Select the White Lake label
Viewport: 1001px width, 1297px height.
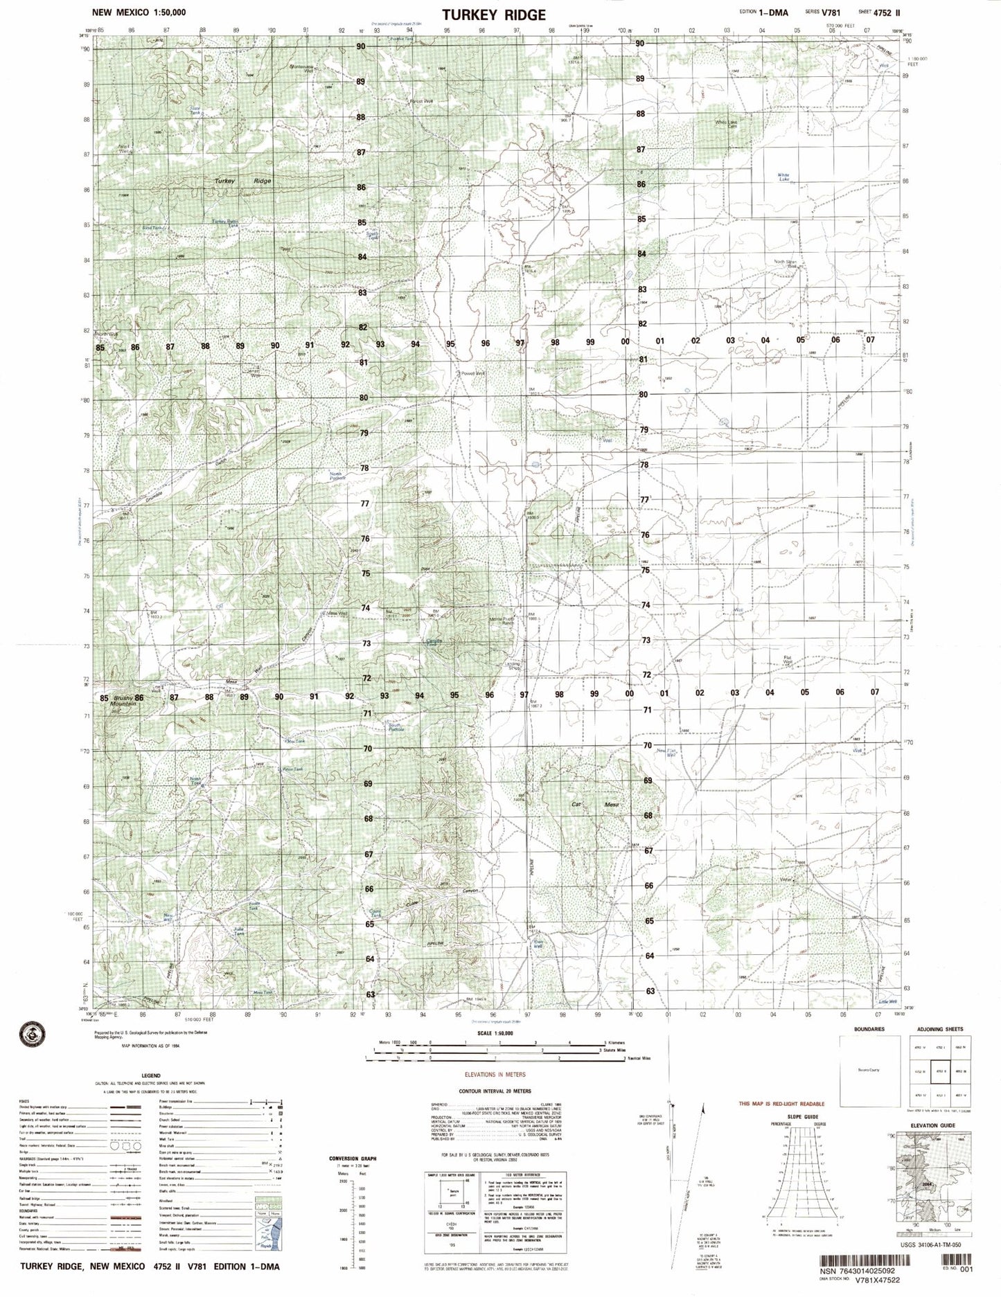point(783,177)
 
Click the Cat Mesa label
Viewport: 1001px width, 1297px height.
point(589,805)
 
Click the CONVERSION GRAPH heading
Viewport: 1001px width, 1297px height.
point(353,1158)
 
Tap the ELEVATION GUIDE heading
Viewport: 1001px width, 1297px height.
point(932,1126)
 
